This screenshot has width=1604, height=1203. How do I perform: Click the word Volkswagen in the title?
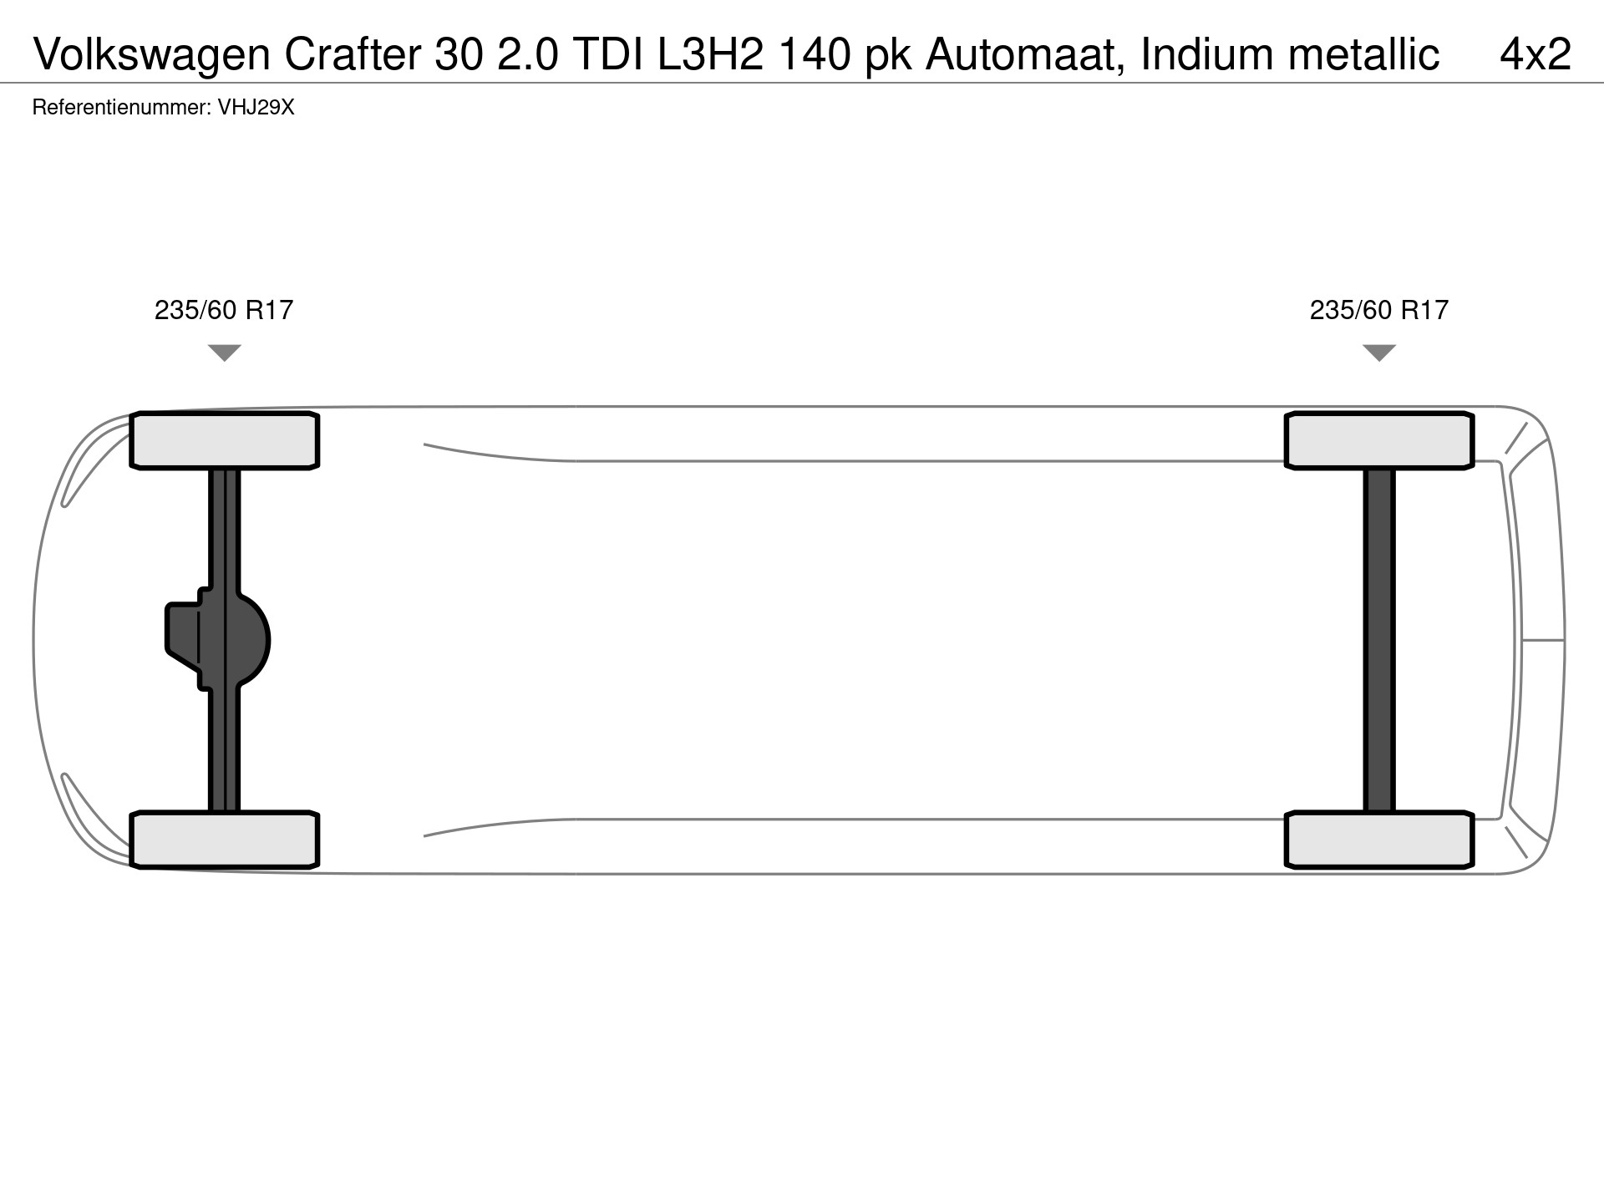click(153, 55)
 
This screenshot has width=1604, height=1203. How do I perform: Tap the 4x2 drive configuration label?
click(1535, 54)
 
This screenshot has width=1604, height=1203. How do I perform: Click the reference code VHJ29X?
click(256, 108)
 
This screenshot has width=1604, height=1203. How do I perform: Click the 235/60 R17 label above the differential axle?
click(224, 310)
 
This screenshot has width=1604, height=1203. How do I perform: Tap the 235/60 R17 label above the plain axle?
click(1379, 310)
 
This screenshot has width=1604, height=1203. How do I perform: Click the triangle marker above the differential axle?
click(225, 353)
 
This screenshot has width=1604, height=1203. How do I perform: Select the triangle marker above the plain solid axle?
click(1379, 353)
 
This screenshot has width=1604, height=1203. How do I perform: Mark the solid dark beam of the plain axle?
click(1379, 640)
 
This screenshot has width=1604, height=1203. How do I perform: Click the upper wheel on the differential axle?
click(225, 440)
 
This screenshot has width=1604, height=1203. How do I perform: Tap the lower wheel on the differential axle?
click(225, 840)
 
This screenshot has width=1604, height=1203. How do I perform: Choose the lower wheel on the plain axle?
click(1379, 840)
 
